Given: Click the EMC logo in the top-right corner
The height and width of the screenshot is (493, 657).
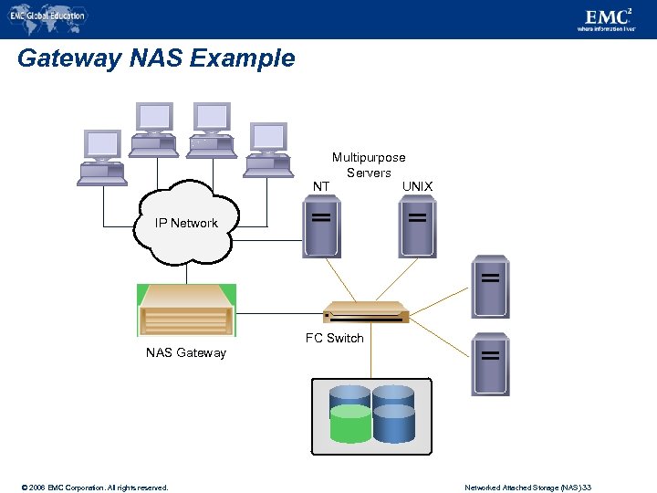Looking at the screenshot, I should [x=608, y=17].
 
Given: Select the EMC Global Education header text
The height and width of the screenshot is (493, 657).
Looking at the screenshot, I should [x=47, y=16].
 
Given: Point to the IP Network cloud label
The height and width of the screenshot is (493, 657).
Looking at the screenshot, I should [x=186, y=223].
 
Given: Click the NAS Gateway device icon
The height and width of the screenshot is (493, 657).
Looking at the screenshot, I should [x=186, y=310].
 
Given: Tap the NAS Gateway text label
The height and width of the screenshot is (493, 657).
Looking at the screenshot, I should [x=186, y=352].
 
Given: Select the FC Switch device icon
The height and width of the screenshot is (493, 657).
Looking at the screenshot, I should [x=366, y=312].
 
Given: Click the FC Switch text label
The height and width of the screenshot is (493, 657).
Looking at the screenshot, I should [x=334, y=338].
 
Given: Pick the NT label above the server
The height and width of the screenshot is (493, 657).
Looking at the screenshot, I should [x=321, y=186].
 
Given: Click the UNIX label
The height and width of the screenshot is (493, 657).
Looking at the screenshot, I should [x=417, y=186].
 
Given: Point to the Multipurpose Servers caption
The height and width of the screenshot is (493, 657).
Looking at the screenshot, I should [x=369, y=165].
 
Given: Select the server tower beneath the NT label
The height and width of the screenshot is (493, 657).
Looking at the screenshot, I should [x=321, y=228].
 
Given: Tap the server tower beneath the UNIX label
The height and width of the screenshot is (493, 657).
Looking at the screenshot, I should [x=417, y=228].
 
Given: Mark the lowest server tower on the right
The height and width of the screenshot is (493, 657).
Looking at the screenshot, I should [x=490, y=363].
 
